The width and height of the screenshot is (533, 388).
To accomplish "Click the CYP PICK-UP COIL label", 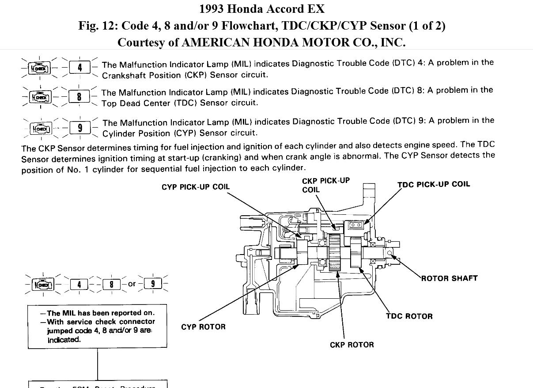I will pos(196,187).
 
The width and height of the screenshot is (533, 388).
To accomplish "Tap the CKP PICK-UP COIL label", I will pos(325,185).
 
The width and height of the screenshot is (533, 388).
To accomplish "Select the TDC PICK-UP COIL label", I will pos(434,184).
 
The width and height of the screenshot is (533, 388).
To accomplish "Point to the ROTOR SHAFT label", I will pos(449,278).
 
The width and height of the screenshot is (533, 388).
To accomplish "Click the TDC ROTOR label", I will pos(409,316).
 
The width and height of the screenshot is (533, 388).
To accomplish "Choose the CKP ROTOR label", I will pos(352,345).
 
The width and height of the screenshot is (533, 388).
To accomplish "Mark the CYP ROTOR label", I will pos(203,327).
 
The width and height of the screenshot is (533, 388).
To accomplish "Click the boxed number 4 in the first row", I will pos(80,68).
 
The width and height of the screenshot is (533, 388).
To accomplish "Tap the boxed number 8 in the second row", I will pos(79,96).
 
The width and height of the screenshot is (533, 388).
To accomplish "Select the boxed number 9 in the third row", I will pos(80,128).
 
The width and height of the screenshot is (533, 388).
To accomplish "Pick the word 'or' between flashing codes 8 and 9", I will pos(132,284).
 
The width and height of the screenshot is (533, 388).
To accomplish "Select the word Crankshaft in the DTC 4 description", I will pos(122,75).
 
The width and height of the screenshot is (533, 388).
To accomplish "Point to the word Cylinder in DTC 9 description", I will pos(119,133).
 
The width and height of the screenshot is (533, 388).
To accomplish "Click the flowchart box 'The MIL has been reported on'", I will pos(97,326).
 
